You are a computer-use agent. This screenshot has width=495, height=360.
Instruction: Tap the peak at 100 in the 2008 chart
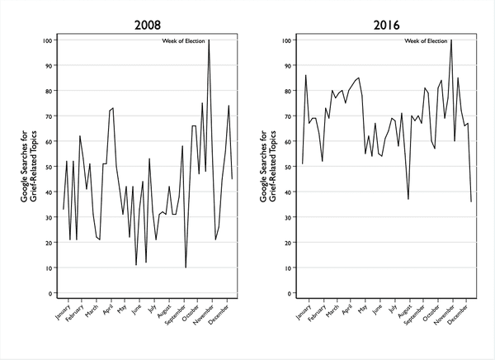[x=209, y=40]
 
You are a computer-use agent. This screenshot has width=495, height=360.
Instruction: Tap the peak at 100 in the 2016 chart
[x=451, y=40]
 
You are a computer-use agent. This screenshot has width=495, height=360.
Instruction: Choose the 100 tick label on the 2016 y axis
[x=286, y=40]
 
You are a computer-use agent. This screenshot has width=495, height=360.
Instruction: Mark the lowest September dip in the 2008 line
[x=186, y=268]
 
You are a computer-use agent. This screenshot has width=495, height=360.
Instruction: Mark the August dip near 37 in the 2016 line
[x=408, y=199]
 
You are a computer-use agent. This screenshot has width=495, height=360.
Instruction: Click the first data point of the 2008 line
[x=63, y=209]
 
